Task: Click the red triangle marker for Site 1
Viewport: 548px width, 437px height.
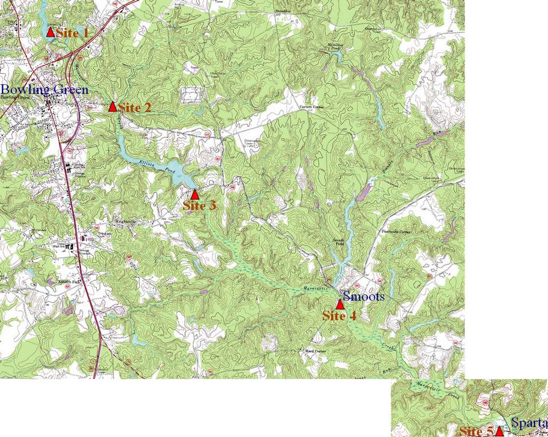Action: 50,32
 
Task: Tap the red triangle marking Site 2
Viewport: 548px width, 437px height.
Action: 112,106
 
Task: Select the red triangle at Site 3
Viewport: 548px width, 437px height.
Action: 195,195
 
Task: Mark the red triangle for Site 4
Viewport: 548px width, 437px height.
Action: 340,304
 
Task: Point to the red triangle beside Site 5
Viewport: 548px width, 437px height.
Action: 499,432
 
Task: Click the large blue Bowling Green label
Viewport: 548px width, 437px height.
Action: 44,90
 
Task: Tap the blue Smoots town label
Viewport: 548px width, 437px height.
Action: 364,296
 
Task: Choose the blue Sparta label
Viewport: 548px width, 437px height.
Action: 529,423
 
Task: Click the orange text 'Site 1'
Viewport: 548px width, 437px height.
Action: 72,33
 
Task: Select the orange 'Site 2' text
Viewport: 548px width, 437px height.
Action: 134,107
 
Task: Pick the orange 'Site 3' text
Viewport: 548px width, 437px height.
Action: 199,206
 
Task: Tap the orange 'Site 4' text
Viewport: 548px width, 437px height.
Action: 339,316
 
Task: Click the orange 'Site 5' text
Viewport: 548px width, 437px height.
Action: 476,432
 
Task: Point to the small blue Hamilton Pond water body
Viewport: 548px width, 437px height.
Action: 337,55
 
